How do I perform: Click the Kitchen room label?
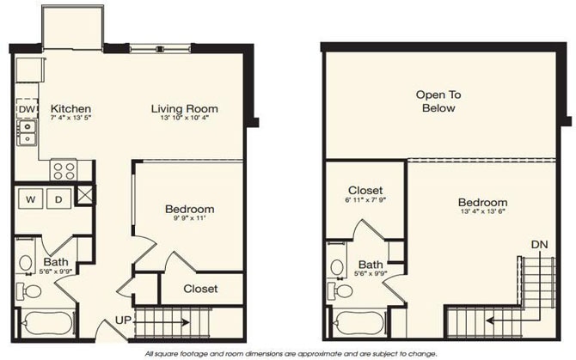[70, 109]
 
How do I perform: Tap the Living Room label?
[184, 109]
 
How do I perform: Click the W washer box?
[30, 199]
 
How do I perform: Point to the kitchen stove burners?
[64, 169]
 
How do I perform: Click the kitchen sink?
[27, 132]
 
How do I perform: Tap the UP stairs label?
[124, 322]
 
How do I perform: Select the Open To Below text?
[435, 101]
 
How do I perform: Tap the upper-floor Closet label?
[365, 190]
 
